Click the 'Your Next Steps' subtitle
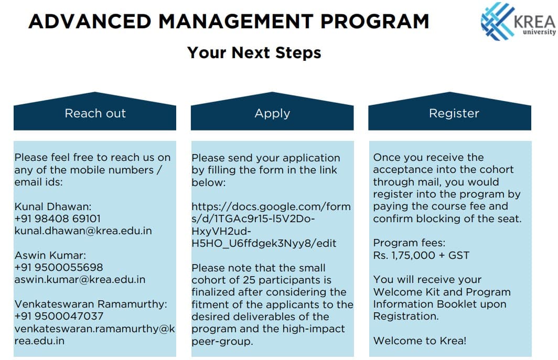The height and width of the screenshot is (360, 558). pos(254,52)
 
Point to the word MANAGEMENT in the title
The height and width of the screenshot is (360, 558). pos(235,21)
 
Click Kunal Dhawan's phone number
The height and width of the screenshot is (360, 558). pos(57,219)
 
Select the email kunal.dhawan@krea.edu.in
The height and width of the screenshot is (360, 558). pos(83,231)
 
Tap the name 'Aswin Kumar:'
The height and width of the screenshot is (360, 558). pos(50,255)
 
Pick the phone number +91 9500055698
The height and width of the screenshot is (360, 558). pos(59,267)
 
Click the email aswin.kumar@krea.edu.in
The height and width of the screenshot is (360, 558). pos(80,280)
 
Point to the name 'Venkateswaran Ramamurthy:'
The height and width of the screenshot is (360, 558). pos(91,304)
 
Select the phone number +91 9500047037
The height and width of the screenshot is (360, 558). pos(59,317)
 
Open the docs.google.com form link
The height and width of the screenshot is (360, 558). pos(271,225)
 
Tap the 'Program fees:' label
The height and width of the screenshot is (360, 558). pos(409,243)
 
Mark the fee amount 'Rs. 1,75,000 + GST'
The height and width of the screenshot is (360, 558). pos(421,255)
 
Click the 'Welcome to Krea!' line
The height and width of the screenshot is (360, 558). pos(420,341)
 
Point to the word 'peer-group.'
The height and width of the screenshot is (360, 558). pos(222,342)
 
